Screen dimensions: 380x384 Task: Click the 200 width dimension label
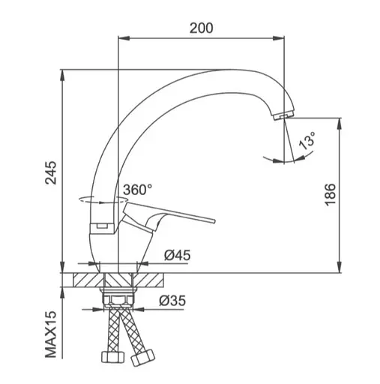(201, 28)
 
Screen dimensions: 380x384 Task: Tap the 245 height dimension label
(51, 172)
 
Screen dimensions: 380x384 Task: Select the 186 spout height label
(330, 195)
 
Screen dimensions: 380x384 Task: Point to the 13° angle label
(307, 141)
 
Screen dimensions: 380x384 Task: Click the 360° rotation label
(138, 190)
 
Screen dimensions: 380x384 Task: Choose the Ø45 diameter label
(177, 255)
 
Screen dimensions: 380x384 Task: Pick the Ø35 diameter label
(172, 301)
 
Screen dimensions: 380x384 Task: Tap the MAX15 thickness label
(51, 334)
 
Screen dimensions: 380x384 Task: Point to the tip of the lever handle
(214, 220)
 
